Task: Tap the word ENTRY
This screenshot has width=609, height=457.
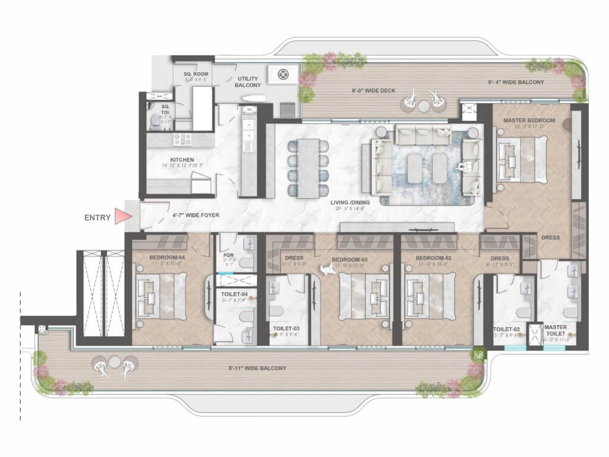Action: click(x=98, y=217)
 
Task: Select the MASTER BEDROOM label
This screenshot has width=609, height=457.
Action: click(x=529, y=120)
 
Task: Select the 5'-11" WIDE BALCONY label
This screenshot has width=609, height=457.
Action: click(x=261, y=368)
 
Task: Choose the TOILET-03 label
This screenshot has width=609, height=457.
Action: click(x=287, y=328)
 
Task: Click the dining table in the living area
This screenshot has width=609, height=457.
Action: click(x=308, y=167)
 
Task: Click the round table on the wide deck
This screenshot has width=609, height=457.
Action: click(x=423, y=106)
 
